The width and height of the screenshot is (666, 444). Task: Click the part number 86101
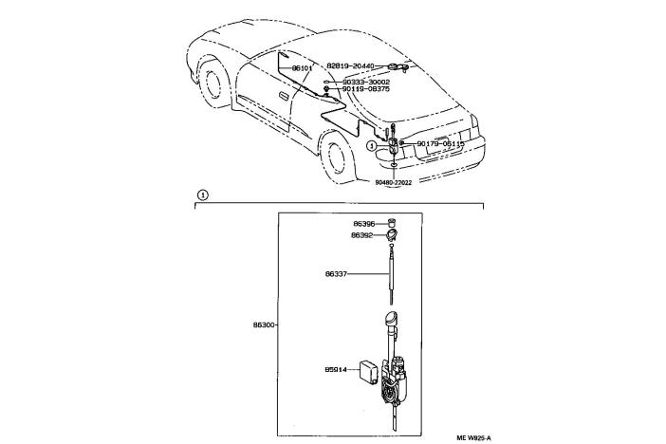(x=302, y=69)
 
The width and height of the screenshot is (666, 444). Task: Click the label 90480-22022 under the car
(x=393, y=183)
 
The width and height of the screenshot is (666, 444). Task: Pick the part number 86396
(x=363, y=225)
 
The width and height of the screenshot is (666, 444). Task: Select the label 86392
(x=363, y=235)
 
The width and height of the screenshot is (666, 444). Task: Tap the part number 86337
(x=363, y=275)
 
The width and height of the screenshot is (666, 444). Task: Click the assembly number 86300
(x=264, y=325)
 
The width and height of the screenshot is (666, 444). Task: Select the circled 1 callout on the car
(x=373, y=146)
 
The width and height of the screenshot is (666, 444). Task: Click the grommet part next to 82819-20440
(x=404, y=66)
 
